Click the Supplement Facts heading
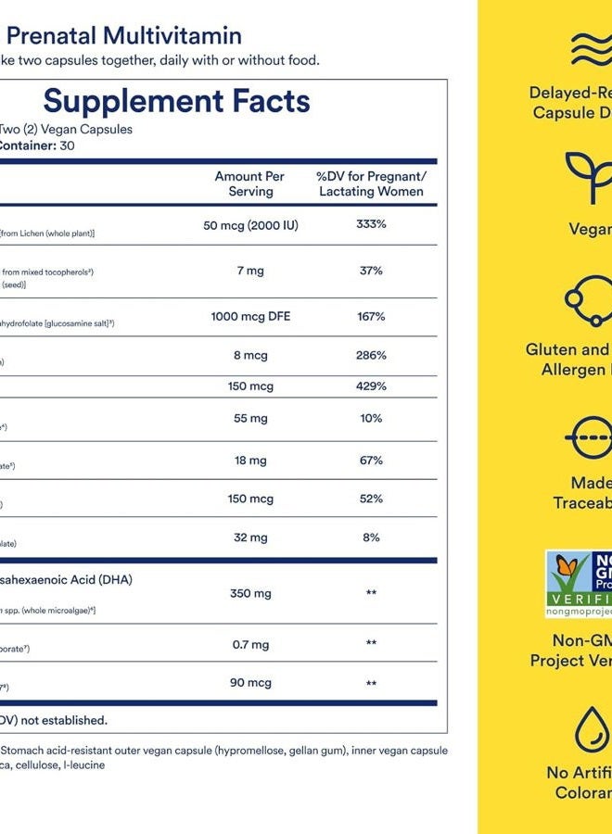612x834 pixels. [176, 100]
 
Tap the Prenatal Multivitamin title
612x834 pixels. [126, 36]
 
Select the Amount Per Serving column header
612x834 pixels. [249, 183]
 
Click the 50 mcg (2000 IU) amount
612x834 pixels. [250, 225]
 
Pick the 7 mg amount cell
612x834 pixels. [250, 271]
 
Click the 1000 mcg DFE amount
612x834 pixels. [250, 316]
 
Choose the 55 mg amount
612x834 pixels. [250, 418]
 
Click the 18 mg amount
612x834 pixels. [250, 460]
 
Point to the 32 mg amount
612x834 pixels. [250, 537]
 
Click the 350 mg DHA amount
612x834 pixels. [250, 593]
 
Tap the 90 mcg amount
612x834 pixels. [250, 683]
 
